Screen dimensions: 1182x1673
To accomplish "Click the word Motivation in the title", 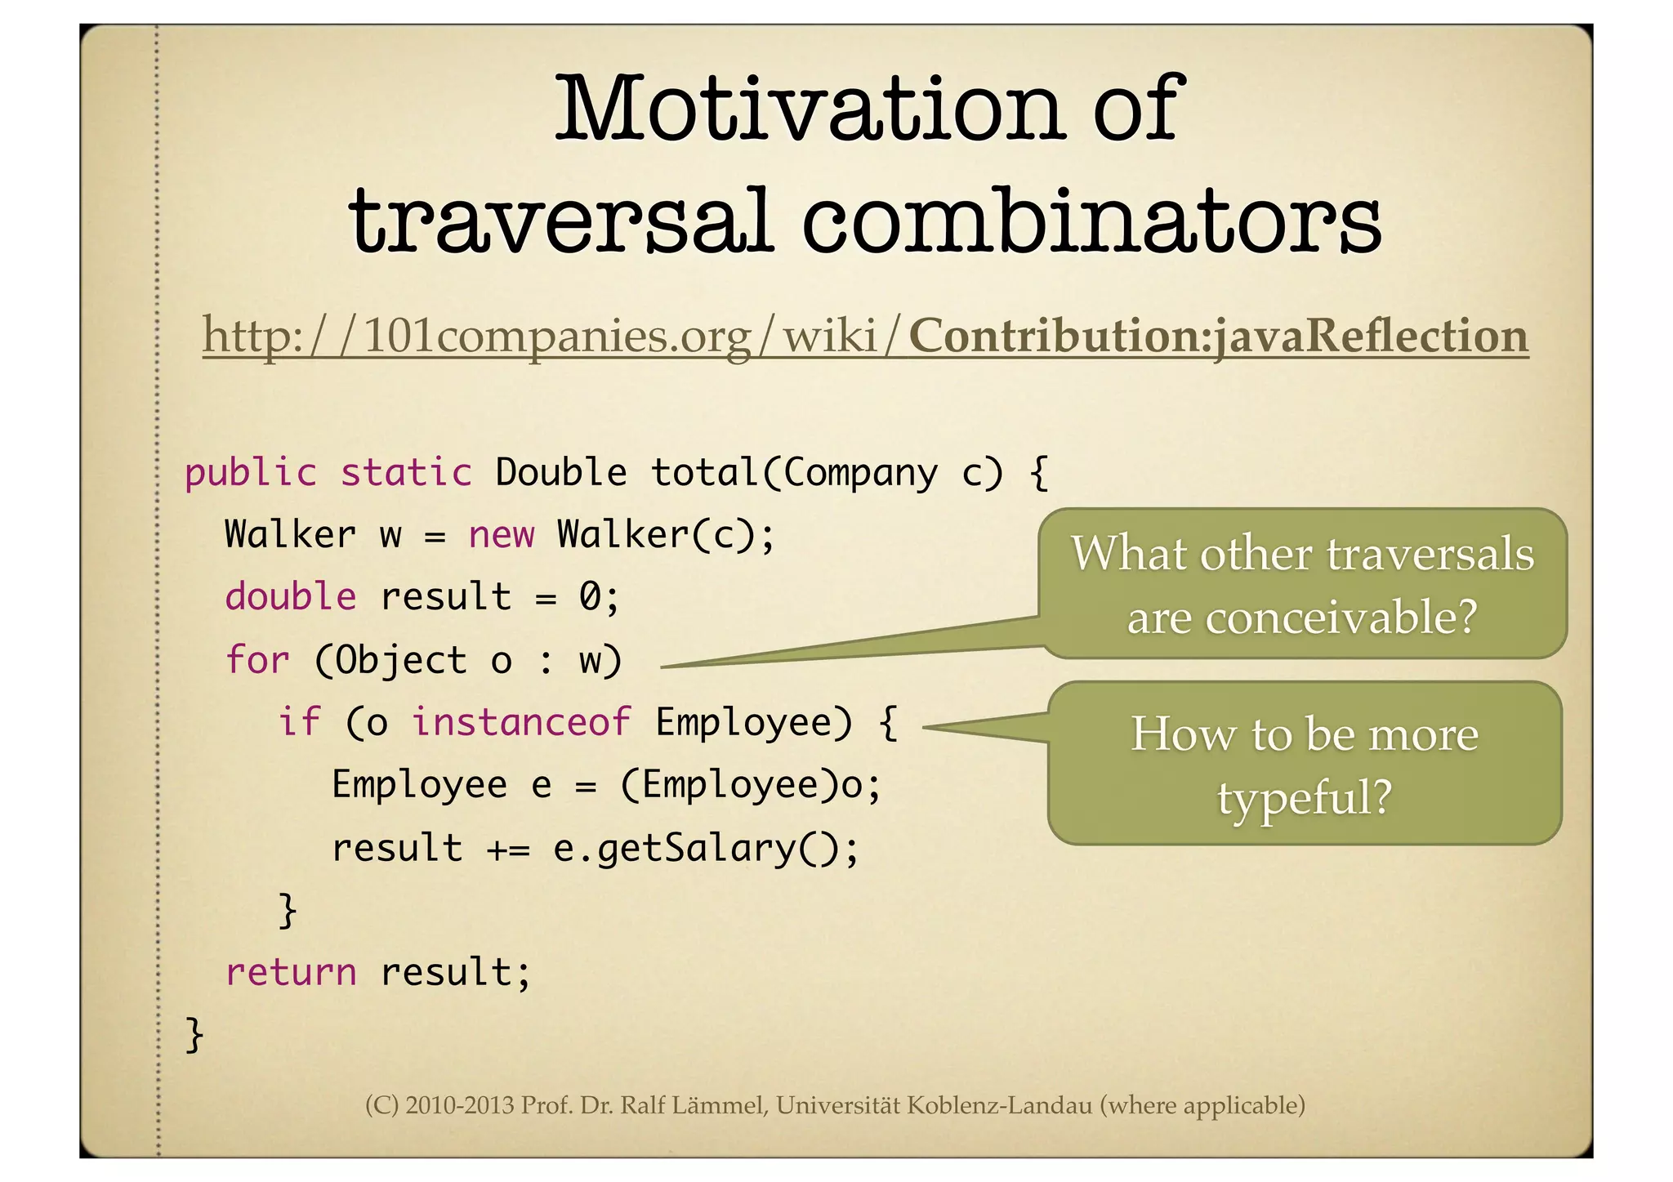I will pyautogui.click(x=809, y=110).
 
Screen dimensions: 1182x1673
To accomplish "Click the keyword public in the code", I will pyautogui.click(x=250, y=474).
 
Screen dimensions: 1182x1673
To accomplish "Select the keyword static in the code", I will pyautogui.click(x=406, y=474).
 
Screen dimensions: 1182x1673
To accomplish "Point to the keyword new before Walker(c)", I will pyautogui.click(x=501, y=536).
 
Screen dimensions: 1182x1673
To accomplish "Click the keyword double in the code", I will pyautogui.click(x=290, y=597).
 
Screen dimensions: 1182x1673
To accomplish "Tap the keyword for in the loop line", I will pyautogui.click(x=257, y=660).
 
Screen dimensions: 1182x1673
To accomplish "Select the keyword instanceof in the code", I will pyautogui.click(x=520, y=722).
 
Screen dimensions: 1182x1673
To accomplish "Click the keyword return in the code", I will pyautogui.click(x=290, y=972).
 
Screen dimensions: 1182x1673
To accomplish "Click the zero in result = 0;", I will pyautogui.click(x=590, y=597).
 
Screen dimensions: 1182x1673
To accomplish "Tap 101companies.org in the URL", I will pyautogui.click(x=555, y=337).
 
